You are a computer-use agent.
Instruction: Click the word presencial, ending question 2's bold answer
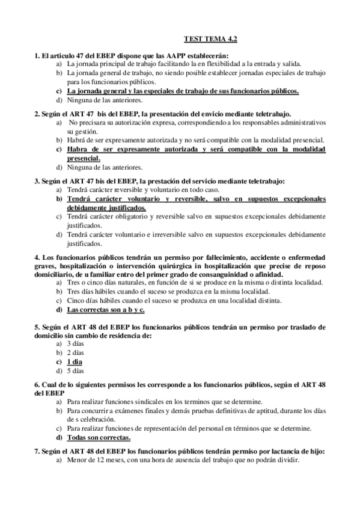(84, 158)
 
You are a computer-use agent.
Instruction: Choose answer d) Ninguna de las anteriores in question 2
(104, 167)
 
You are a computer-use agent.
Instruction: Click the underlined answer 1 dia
(75, 361)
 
